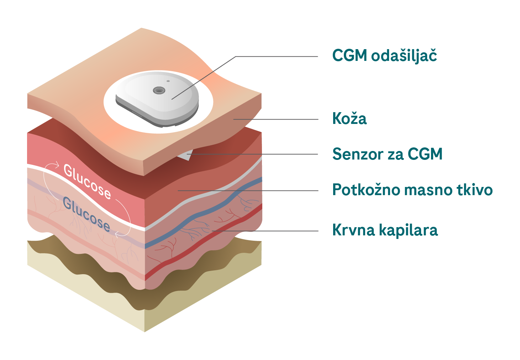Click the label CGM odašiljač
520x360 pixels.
pos(384,56)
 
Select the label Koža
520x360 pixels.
pos(349,119)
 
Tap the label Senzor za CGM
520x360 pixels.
pos(387,154)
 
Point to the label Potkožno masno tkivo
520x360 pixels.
pos(412,190)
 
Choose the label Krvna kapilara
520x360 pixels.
pos(385,230)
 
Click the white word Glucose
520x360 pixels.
pos(87,181)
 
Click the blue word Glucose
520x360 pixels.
pos(86,214)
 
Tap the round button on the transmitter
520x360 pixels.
pos(159,90)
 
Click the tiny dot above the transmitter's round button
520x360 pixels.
pos(168,81)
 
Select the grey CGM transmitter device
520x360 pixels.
pos(157,101)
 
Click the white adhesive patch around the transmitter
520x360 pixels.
pos(117,114)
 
